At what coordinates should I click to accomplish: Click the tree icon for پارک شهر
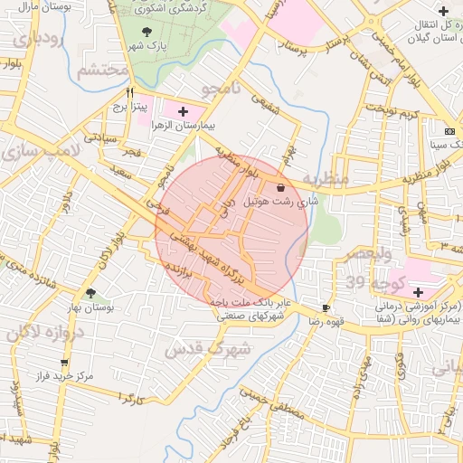pyautogui.click(x=147, y=33)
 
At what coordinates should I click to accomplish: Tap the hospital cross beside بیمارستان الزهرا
pyautogui.click(x=184, y=110)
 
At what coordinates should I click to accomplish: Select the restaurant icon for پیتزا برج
pyautogui.click(x=131, y=92)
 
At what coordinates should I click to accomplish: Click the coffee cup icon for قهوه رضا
pyautogui.click(x=326, y=308)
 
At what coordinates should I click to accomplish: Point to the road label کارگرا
pyautogui.click(x=131, y=399)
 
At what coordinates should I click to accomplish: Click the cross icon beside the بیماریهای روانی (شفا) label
pyautogui.click(x=418, y=292)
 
